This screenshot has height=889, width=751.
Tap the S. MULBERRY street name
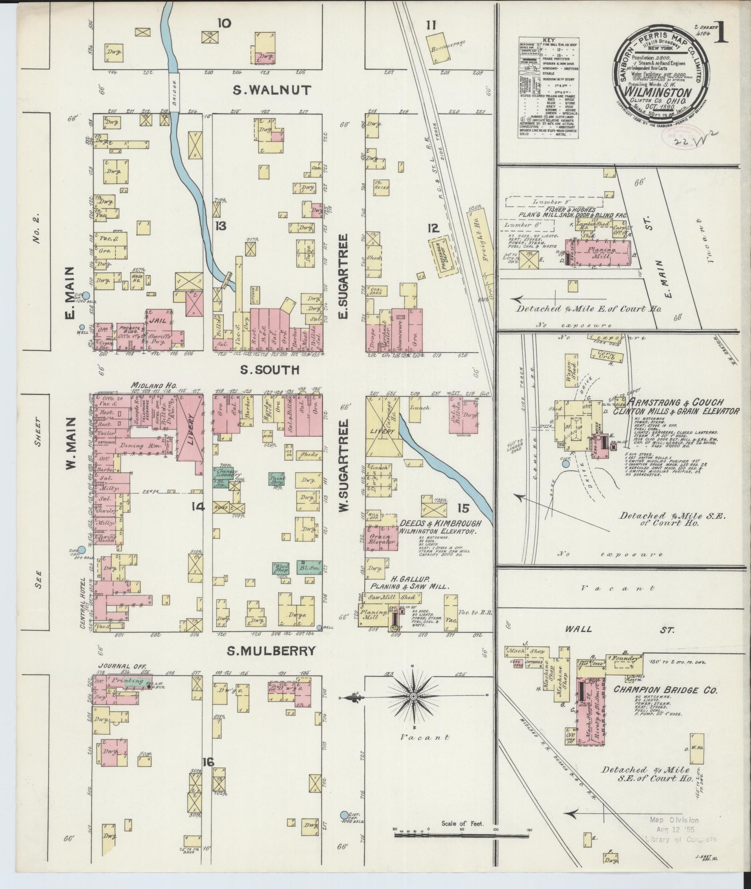click(x=271, y=650)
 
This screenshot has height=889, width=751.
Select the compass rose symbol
click(x=414, y=696)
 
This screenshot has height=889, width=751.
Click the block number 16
click(x=208, y=762)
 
